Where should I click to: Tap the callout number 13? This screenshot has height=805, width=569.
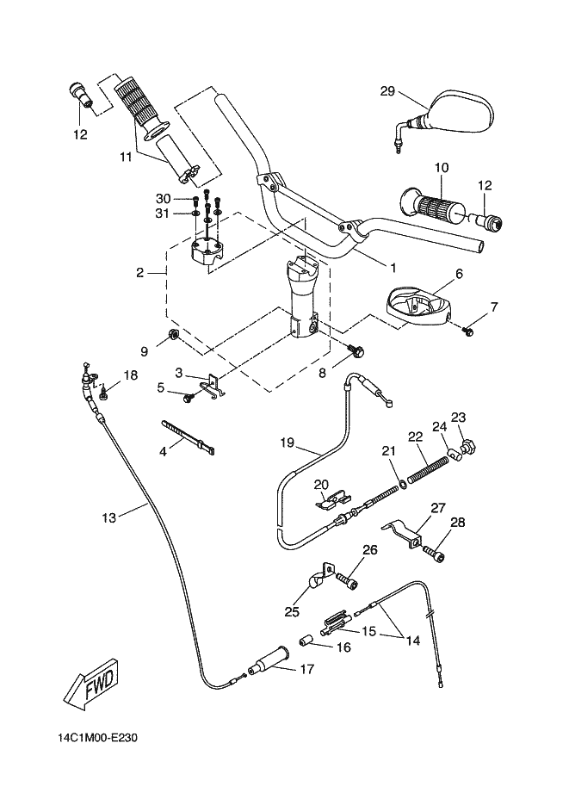[108, 517]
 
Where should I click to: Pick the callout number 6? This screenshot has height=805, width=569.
[459, 274]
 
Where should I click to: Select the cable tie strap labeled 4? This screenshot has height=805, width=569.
[186, 436]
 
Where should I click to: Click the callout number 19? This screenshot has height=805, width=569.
[288, 444]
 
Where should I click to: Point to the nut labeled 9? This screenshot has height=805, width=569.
[171, 335]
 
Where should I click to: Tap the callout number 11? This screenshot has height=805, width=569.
[127, 158]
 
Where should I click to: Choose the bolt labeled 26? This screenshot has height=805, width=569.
[348, 582]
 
